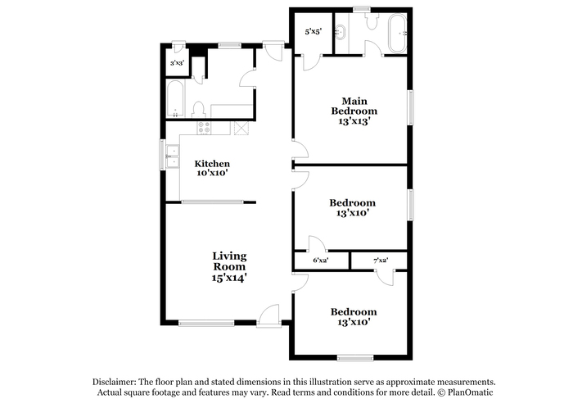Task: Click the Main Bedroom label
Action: [x=354, y=111]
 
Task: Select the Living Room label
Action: [x=229, y=266]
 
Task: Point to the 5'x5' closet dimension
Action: [x=314, y=31]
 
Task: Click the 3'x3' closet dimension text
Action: [x=178, y=63]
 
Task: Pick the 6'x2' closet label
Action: [x=321, y=261]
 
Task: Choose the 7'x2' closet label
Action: [x=381, y=261]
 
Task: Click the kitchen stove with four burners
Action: [x=204, y=128]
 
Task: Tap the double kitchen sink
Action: [x=173, y=156]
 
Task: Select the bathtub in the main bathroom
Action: [x=397, y=34]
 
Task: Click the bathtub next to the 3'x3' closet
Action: [x=175, y=99]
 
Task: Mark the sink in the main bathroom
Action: [x=341, y=32]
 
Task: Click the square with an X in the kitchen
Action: [x=241, y=128]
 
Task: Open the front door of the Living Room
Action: [x=268, y=315]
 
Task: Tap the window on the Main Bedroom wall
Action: [x=411, y=108]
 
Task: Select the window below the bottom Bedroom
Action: [x=355, y=357]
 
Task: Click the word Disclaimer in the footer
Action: [x=115, y=383]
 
